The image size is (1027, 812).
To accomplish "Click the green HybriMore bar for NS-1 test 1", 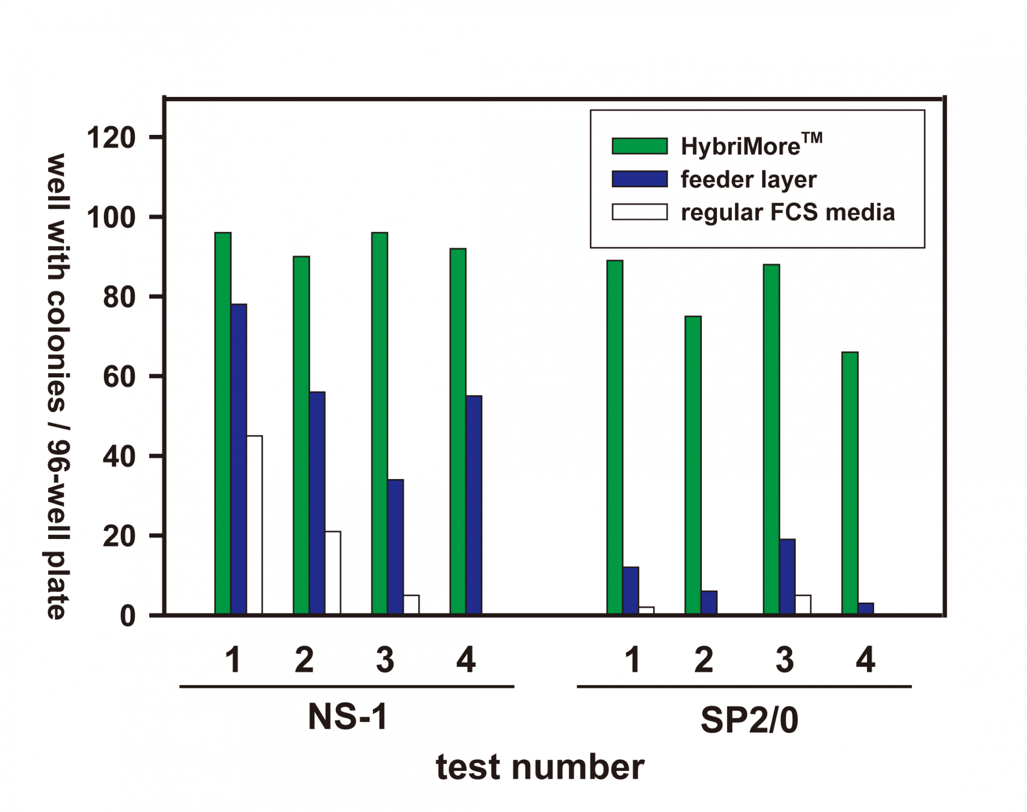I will (223, 423).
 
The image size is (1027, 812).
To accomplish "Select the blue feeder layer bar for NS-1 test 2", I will (317, 503).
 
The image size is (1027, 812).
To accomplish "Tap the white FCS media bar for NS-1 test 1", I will (255, 525).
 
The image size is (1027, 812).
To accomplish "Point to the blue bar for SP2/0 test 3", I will (787, 576).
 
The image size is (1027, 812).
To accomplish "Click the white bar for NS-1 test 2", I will (333, 572).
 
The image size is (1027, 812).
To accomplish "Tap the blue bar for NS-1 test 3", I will (395, 547).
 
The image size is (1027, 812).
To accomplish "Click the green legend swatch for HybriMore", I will (640, 146).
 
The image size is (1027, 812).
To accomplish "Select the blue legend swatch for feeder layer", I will (640, 179).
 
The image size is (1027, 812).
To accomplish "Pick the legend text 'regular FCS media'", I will (787, 213).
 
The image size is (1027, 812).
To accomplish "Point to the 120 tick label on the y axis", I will (111, 138).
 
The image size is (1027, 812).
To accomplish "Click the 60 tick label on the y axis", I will (119, 377).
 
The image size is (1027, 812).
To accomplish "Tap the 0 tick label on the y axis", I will (127, 616).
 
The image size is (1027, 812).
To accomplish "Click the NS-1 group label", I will (348, 716).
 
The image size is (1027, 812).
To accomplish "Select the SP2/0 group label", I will (749, 720).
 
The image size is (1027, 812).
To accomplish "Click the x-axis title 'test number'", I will (540, 767).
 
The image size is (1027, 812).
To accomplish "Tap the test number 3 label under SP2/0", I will (785, 659).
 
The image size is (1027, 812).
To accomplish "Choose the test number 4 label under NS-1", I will (466, 659).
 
